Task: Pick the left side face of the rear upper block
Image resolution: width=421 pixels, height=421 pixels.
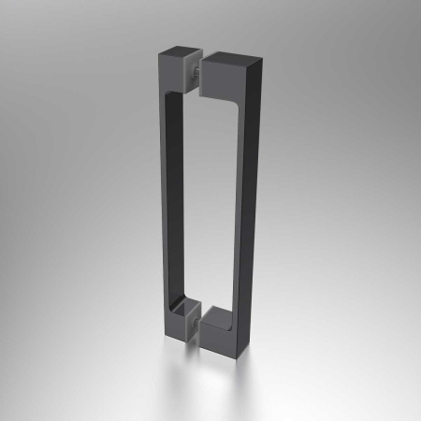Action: (163, 67)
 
